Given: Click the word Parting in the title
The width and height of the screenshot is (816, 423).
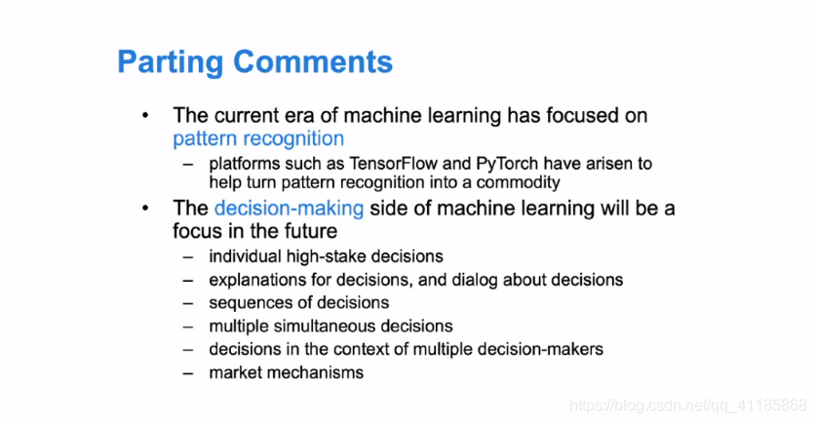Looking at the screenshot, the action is (x=171, y=62).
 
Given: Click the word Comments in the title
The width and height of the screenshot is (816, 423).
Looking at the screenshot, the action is (x=313, y=61).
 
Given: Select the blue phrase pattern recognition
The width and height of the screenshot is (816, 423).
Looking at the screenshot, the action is (x=258, y=139).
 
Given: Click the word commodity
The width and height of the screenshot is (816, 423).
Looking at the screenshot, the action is (x=518, y=182).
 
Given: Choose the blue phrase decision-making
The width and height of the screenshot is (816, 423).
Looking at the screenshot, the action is (x=289, y=209).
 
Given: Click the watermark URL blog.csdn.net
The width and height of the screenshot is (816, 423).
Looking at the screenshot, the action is (x=658, y=405).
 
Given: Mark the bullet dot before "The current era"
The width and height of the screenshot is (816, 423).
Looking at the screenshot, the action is (x=145, y=116).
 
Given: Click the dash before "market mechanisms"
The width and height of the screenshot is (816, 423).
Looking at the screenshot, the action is (x=188, y=373).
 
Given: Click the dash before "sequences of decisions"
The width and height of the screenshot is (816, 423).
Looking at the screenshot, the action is (x=188, y=303).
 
